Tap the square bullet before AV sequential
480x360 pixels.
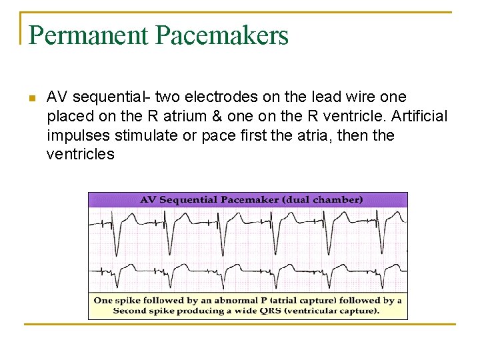(x=31, y=99)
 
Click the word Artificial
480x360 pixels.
(x=419, y=117)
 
